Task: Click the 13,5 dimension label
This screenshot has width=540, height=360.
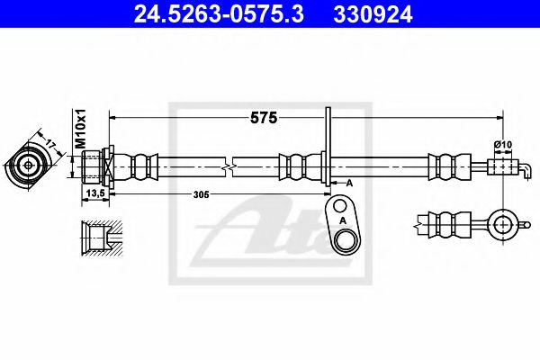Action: point(92,193)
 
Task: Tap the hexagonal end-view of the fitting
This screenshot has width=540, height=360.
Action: point(29,166)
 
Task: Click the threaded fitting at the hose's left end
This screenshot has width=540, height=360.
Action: point(94,166)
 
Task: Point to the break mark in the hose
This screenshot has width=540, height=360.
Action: point(232,166)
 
